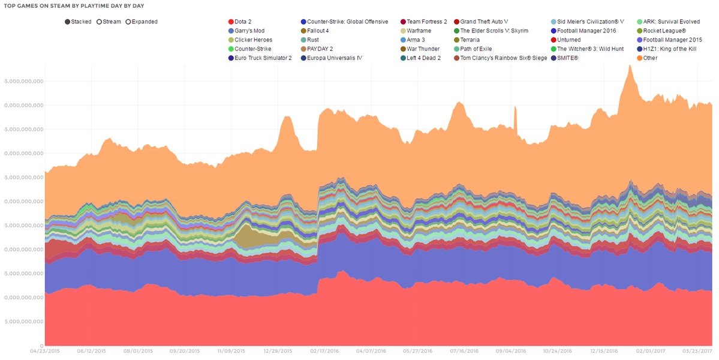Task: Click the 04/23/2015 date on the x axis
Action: tap(44, 351)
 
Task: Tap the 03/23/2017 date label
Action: tap(697, 351)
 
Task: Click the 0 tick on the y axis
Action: tap(41, 346)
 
